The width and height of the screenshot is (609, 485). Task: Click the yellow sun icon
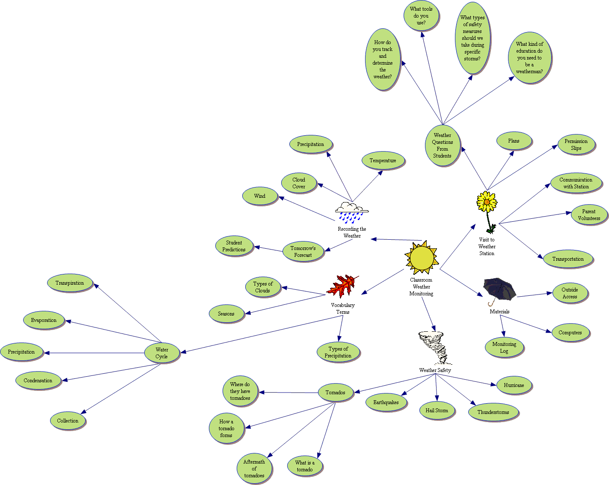point(422,258)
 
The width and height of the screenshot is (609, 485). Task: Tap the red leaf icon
point(343,286)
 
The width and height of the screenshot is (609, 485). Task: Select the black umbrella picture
point(499,290)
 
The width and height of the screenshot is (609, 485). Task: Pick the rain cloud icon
point(352,212)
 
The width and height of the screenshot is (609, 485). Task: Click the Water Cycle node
point(162,353)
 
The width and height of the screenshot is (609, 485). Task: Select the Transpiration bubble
point(70,283)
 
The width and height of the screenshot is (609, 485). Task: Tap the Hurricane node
point(514,385)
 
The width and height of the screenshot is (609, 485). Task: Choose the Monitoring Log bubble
point(504,348)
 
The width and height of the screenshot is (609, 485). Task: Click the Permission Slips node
point(576,145)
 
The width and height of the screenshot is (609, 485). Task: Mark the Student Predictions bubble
point(234,246)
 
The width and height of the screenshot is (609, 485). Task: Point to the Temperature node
point(383,161)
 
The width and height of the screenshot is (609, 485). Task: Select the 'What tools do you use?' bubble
point(422,16)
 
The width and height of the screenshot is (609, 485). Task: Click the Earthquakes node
point(386,402)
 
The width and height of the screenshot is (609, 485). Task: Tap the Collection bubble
point(68,421)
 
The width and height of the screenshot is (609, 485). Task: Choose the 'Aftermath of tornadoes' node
point(254,469)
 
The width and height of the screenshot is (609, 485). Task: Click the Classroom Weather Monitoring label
point(421,287)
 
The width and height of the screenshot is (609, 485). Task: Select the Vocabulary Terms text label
point(343,309)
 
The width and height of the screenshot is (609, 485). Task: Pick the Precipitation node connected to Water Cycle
point(21,352)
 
